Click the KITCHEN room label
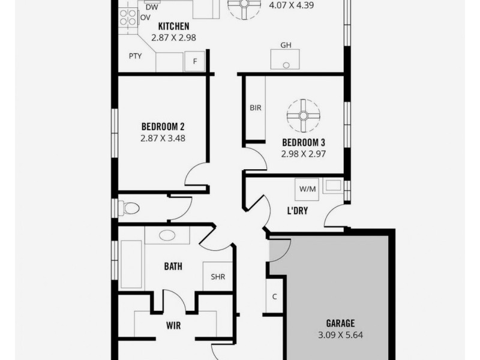[173, 26]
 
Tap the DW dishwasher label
[152, 7]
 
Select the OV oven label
[145, 18]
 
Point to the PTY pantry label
[135, 56]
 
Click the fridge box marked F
[194, 61]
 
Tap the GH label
[286, 46]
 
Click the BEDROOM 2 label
[163, 127]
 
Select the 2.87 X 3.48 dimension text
[163, 137]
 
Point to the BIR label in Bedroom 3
[255, 108]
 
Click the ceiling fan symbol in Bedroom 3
[303, 115]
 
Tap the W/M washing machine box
[307, 190]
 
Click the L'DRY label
[298, 211]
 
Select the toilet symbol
[129, 208]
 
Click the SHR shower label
[217, 277]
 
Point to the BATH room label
[173, 266]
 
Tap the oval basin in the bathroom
[167, 235]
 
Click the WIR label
[173, 326]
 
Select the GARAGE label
[340, 323]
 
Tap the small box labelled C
[274, 296]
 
